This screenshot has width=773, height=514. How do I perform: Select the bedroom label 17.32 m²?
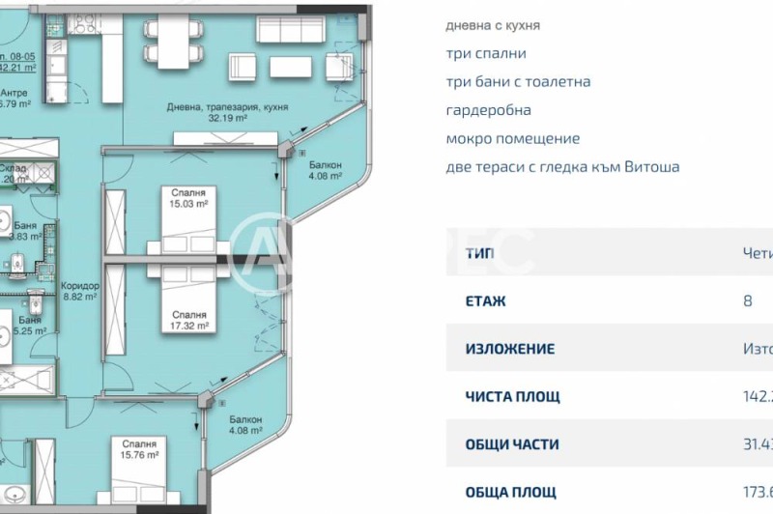(x=188, y=321)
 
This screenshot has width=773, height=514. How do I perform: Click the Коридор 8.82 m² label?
(x=79, y=292)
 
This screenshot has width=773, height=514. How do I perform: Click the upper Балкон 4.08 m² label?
(x=325, y=170)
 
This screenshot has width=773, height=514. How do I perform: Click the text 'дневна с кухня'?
(x=493, y=25)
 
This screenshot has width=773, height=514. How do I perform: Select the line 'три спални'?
(x=486, y=54)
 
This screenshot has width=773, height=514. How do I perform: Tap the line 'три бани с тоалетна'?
(x=518, y=82)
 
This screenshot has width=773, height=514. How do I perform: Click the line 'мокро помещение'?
(x=512, y=138)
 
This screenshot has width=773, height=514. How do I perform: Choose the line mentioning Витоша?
(x=562, y=166)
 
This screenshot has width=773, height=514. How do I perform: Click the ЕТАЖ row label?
(x=485, y=300)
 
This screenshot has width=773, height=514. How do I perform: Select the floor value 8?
(x=747, y=300)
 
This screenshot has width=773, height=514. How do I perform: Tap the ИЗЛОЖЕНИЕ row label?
(x=510, y=349)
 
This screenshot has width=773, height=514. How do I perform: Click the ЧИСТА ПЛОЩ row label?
(x=512, y=396)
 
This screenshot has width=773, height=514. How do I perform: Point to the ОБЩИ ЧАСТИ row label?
(x=512, y=444)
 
